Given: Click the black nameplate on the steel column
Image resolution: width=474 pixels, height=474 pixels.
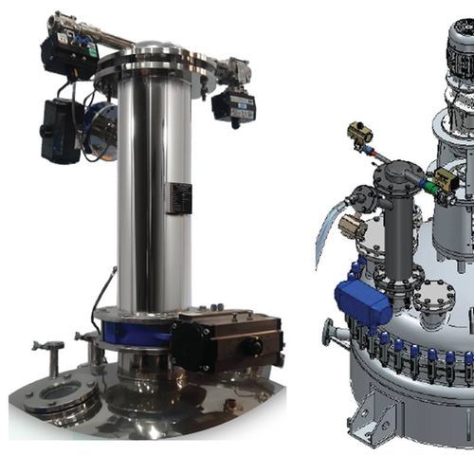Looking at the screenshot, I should pyautogui.click(x=177, y=198).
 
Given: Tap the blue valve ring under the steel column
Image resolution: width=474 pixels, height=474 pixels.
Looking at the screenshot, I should pyautogui.click(x=138, y=333).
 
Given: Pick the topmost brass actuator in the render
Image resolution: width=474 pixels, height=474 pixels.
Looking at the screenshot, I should pyautogui.click(x=361, y=134).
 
